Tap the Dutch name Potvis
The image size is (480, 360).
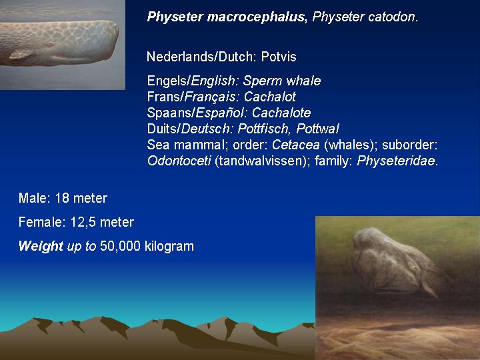pos(279,57)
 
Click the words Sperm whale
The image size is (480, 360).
pos(282,81)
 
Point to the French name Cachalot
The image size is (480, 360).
pos(270,97)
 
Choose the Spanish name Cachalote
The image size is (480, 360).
pos(281,113)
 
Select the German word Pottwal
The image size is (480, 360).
pos(318,129)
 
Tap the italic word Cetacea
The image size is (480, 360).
pos(296,145)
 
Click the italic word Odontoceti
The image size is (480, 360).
pos(179,161)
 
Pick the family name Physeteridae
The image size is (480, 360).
pos(396,161)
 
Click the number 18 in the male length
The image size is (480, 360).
pos(62,199)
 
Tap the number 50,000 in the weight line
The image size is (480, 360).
pos(120,246)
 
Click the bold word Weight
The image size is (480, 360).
pos(41,247)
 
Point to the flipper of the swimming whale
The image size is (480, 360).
pos(21,55)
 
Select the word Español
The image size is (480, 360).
pos(220,113)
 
